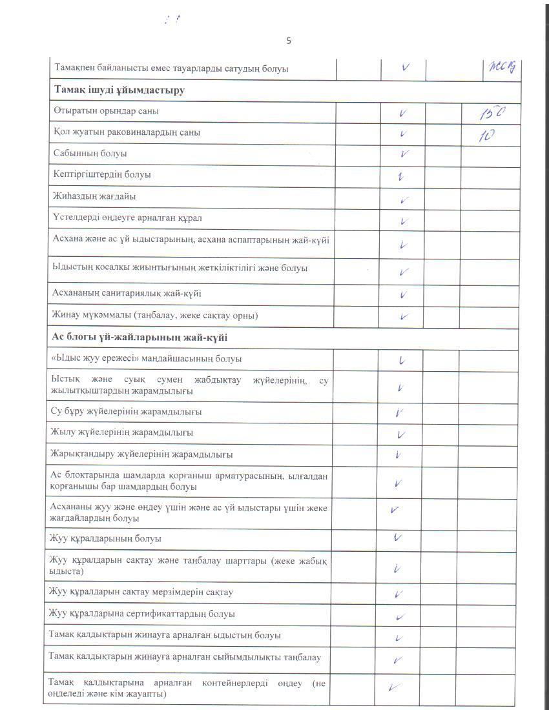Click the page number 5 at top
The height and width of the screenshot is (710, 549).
click(x=289, y=41)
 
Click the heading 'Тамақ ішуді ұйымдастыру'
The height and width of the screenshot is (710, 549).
click(x=119, y=90)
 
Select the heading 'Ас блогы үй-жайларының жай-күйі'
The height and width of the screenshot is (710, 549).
click(x=139, y=338)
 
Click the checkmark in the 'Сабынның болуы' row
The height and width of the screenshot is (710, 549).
click(x=404, y=154)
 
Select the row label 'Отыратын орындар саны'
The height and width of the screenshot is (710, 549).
click(x=107, y=111)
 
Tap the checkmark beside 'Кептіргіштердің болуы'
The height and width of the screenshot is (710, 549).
click(x=401, y=176)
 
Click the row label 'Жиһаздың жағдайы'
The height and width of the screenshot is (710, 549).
click(x=94, y=196)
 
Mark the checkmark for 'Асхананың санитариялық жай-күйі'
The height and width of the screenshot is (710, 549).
click(x=403, y=295)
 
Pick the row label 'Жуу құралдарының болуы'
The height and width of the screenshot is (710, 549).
click(x=105, y=538)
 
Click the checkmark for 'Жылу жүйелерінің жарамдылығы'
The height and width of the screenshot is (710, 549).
click(x=401, y=434)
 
